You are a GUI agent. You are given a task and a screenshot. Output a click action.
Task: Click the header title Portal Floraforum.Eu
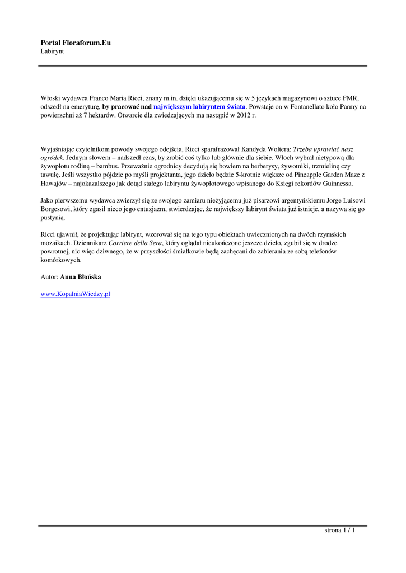pyautogui.click(x=76, y=43)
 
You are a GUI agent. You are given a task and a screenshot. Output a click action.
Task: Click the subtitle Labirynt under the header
pyautogui.click(x=52, y=51)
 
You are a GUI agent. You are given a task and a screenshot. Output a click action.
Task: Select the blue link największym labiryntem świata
pyautogui.click(x=199, y=106)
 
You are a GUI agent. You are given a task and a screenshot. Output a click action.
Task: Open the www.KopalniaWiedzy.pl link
pyautogui.click(x=75, y=294)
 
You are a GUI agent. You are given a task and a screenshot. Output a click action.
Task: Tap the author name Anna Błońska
pyautogui.click(x=81, y=277)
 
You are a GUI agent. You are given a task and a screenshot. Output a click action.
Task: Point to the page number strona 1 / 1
pyautogui.click(x=340, y=530)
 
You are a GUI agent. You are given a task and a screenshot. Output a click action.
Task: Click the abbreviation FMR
pyautogui.click(x=349, y=97)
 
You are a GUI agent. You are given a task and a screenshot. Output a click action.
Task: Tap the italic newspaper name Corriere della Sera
pyautogui.click(x=136, y=243)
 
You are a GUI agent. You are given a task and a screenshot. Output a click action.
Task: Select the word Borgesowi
pyautogui.click(x=57, y=209)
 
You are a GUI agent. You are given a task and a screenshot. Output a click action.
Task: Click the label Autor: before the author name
pyautogui.click(x=49, y=277)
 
